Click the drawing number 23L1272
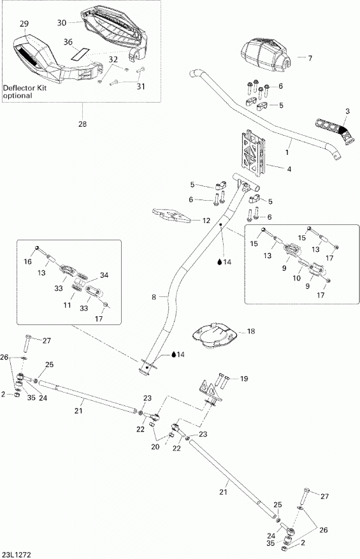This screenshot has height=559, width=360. tap(17, 555)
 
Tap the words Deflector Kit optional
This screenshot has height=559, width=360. tap(25, 92)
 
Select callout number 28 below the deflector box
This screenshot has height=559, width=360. tap(82, 124)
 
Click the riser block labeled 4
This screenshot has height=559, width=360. tap(254, 153)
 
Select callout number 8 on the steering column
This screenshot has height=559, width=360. tap(154, 296)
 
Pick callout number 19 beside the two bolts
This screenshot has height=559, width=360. tap(244, 379)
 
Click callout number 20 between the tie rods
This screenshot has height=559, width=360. tap(155, 447)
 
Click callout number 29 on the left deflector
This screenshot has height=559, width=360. tap(24, 24)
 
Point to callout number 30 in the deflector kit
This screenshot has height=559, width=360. tap(62, 22)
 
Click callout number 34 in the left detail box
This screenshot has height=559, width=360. tap(104, 275)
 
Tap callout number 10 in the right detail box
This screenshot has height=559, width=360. tap(296, 278)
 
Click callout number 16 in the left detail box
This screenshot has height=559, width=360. tap(28, 262)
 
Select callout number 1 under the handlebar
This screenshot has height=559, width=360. tap(287, 152)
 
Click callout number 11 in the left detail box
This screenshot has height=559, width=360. tap(67, 305)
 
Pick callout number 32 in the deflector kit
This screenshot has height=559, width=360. tap(113, 59)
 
